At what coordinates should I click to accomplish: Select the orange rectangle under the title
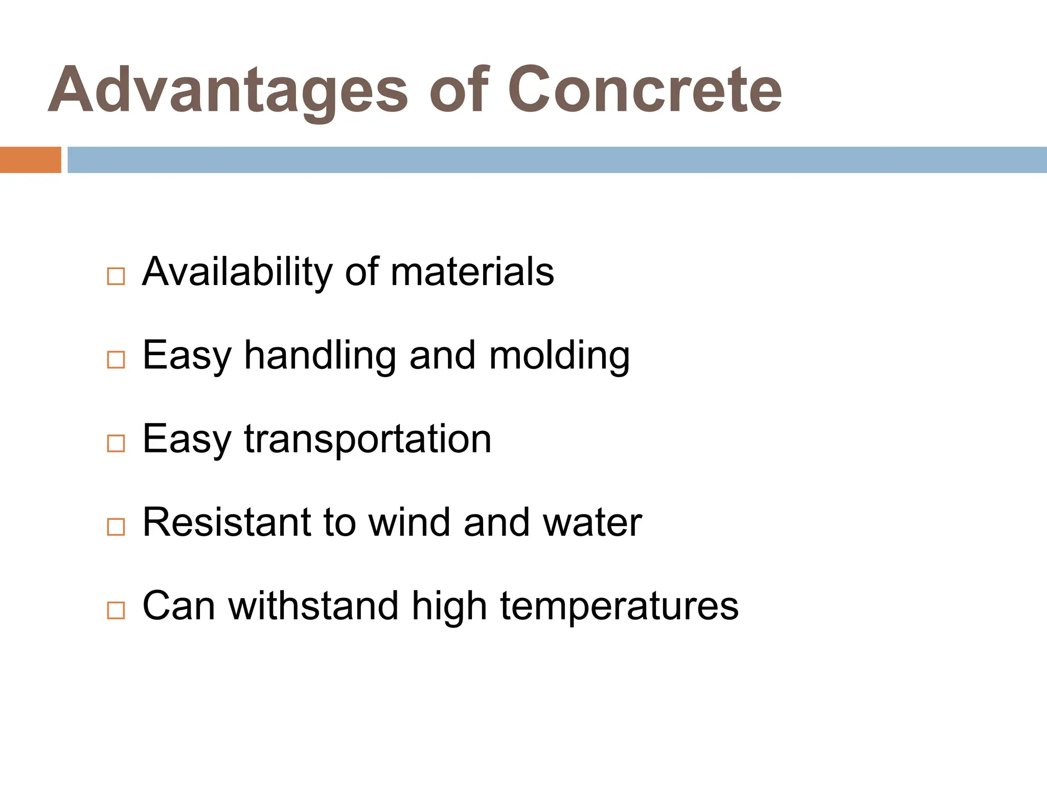coord(30,160)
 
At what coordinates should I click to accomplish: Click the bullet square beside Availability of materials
coord(116,276)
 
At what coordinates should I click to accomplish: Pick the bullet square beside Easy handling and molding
coord(116,360)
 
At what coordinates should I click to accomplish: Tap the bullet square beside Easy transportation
coord(116,443)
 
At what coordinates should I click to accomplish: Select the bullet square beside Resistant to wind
coord(116,527)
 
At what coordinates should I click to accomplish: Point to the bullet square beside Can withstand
coord(116,610)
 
